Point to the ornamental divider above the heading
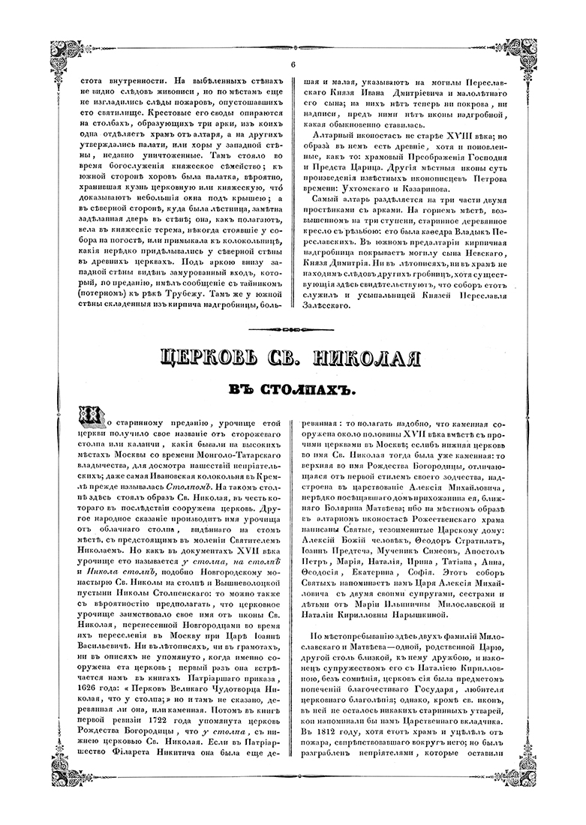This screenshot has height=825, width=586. click(x=293, y=327)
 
